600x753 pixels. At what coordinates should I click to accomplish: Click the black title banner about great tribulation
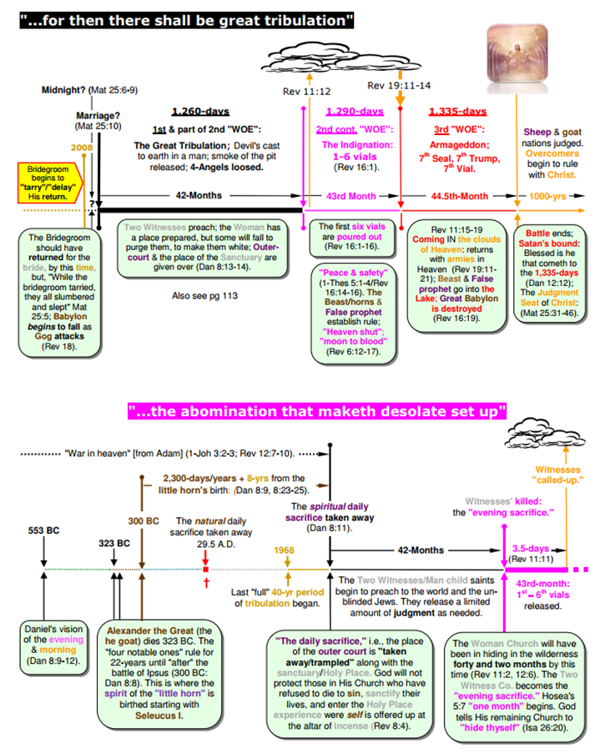(x=188, y=18)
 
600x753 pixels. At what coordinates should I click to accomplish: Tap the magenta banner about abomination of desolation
(x=316, y=411)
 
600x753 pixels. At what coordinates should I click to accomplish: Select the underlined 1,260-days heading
(x=200, y=112)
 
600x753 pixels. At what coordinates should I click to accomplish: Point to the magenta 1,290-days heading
(x=355, y=112)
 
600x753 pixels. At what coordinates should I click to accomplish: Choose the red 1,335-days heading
(x=457, y=112)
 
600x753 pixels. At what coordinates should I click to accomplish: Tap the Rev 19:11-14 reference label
(x=400, y=85)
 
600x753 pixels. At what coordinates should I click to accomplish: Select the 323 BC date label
(x=113, y=543)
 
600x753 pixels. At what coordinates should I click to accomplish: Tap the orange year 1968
(x=287, y=551)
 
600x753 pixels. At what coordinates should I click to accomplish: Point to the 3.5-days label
(x=529, y=548)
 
